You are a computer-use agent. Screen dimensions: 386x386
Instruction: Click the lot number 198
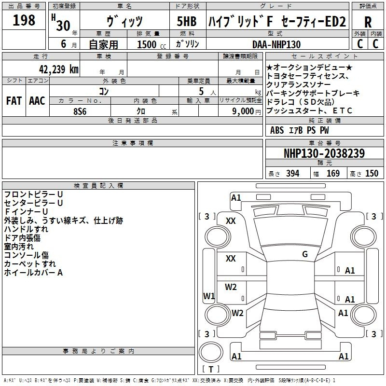[24, 20]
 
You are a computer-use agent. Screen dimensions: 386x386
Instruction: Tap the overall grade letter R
[368, 22]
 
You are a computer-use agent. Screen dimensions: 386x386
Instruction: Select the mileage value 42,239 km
[59, 69]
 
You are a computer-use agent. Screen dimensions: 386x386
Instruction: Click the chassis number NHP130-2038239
[324, 153]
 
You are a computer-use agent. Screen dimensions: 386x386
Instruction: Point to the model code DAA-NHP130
[276, 44]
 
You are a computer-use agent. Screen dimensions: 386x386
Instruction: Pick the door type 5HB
[187, 21]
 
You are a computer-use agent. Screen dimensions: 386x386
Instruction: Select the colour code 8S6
[80, 111]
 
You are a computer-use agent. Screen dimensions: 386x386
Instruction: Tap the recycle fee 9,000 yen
[247, 111]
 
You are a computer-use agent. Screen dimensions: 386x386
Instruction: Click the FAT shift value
[14, 101]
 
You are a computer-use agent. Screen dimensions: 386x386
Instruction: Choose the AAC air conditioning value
[37, 101]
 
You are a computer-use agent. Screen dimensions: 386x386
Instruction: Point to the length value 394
[293, 173]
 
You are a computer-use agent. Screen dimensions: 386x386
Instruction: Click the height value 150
[372, 173]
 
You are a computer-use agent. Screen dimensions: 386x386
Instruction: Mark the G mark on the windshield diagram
[305, 254]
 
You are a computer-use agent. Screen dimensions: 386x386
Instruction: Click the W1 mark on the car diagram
[209, 296]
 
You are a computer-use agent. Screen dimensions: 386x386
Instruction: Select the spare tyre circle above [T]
[211, 353]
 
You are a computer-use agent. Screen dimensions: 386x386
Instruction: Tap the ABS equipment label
[277, 130]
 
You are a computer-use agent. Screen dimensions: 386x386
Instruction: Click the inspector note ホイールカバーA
[33, 273]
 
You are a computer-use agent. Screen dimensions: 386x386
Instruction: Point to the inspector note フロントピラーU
[33, 194]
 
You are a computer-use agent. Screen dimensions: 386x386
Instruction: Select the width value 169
[333, 173]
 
